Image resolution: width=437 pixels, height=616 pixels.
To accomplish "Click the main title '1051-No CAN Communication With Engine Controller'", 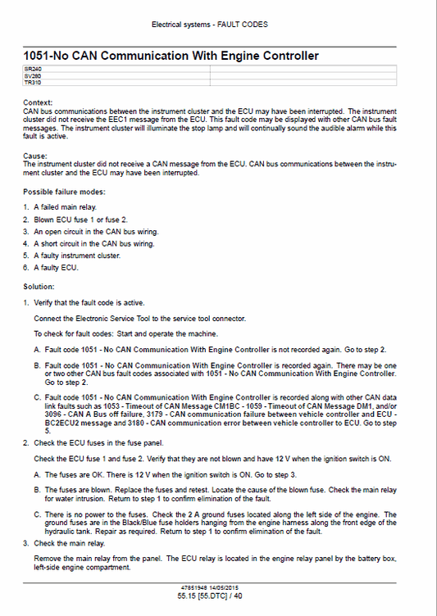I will [171, 56].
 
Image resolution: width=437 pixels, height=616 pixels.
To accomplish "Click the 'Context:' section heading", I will [38, 102].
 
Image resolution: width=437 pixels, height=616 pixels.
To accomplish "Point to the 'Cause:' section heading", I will [35, 155].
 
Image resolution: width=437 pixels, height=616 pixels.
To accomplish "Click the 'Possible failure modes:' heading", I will [64, 191].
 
